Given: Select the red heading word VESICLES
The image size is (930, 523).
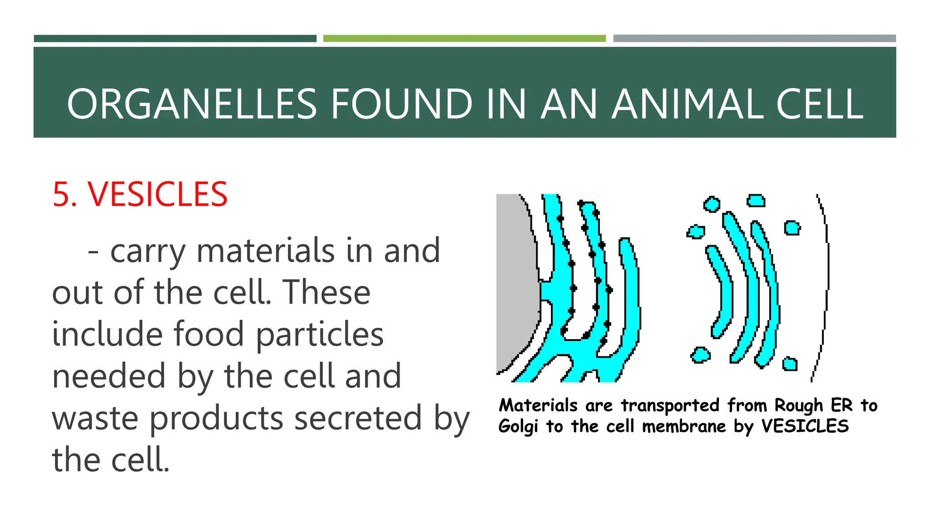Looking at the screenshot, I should coord(158,194).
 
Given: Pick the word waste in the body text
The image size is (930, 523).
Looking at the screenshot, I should coord(95,418).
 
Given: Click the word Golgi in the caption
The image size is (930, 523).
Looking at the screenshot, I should coord(518,427).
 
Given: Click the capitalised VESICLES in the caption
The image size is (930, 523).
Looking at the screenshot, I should coord(805,426).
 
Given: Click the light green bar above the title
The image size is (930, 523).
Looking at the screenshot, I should coord(464,39).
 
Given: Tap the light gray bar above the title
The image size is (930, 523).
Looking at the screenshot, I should coord(754,39).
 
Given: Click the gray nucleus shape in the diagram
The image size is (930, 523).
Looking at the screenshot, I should coord(515,281).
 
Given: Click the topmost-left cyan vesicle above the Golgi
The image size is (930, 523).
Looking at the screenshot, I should coord(711,204).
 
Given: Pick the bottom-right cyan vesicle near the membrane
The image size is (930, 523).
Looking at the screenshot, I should coord(790,364).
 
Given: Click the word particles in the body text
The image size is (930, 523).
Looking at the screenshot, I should coord(320,335).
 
